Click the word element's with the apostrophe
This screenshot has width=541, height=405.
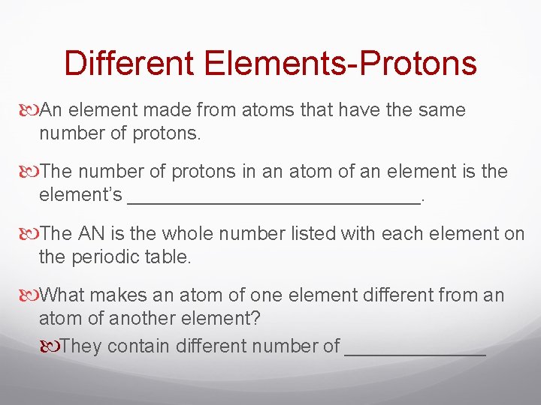(80, 195)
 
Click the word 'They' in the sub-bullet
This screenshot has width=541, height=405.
(82, 346)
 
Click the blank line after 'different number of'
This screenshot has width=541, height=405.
(415, 350)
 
